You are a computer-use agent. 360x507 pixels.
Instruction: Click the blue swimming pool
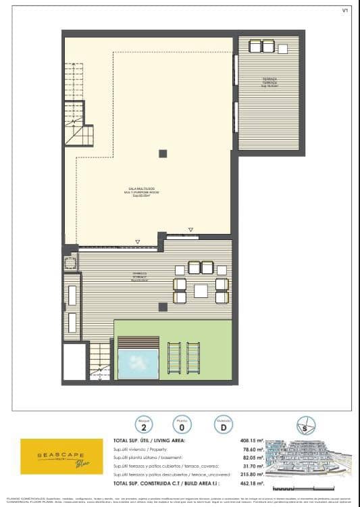point(138,364)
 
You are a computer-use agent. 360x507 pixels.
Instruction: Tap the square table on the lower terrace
point(201,291)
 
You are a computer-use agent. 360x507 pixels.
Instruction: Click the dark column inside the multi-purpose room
point(163,153)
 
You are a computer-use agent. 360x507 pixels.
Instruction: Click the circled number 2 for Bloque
point(143,426)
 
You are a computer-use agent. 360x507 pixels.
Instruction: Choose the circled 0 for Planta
point(181,426)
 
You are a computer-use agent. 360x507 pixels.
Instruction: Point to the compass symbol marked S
point(306,426)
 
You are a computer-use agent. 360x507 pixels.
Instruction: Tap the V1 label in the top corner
point(345,10)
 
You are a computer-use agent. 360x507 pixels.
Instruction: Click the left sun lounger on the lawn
point(174,358)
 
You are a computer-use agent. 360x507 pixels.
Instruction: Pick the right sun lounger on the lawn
point(193,358)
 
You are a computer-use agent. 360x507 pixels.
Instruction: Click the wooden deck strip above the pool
point(138,343)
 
